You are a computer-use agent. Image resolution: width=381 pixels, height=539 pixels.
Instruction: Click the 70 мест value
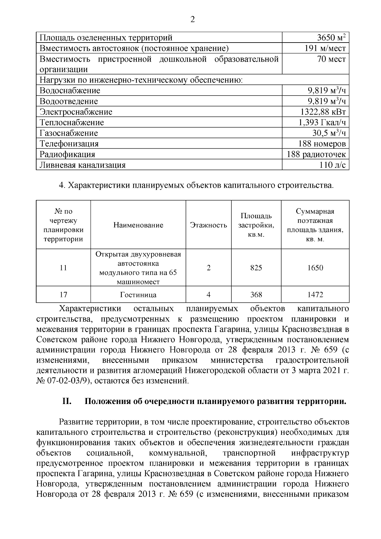point(331,59)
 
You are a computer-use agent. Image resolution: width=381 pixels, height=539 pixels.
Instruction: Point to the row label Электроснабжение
point(76,112)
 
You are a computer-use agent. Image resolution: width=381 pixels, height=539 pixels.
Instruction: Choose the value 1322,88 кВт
point(323,112)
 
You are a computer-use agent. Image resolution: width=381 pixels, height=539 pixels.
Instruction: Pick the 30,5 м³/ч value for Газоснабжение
point(329,133)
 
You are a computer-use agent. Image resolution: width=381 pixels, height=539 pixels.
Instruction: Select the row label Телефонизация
point(69,144)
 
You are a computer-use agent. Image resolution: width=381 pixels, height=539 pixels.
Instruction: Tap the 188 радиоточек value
point(316,154)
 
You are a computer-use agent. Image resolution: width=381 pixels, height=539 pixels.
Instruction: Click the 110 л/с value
point(333,165)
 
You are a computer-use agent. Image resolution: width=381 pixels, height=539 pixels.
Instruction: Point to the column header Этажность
point(208,225)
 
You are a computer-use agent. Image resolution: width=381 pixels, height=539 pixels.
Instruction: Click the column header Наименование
point(138,225)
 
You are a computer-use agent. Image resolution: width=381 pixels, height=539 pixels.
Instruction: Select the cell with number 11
point(63,268)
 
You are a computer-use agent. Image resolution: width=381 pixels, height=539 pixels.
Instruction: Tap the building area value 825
point(256,268)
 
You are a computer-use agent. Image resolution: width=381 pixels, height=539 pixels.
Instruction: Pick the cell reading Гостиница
point(138,295)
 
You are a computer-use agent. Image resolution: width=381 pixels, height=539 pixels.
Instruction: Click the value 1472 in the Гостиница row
point(315,295)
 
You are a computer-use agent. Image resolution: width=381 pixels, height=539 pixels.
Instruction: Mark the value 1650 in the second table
point(315,268)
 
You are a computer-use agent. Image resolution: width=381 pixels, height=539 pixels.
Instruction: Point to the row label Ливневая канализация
point(83,165)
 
